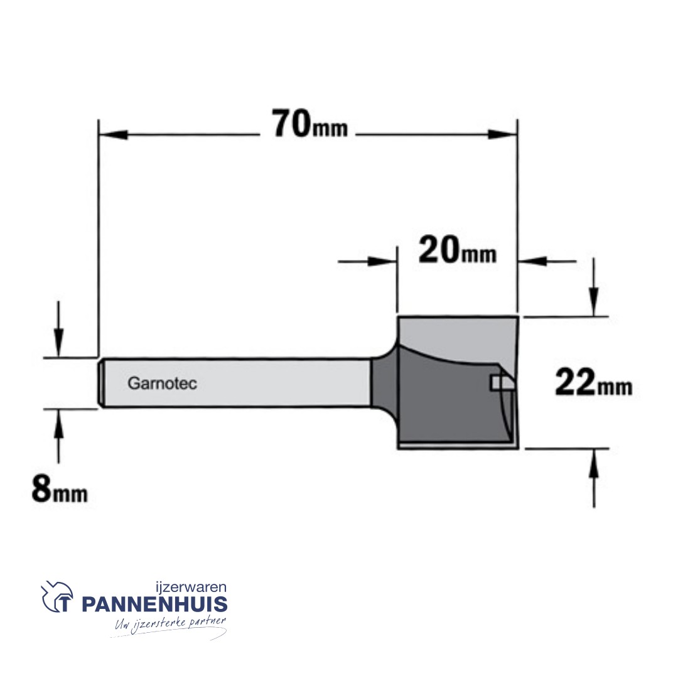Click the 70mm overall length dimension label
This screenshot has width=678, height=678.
[309, 124]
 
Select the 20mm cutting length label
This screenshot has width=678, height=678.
[457, 250]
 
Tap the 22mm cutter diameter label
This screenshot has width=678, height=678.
[593, 382]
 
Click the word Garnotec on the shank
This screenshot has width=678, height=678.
[162, 383]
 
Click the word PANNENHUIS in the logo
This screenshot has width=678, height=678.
[154, 604]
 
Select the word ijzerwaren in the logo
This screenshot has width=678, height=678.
[191, 587]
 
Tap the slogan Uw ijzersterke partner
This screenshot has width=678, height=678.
[170, 625]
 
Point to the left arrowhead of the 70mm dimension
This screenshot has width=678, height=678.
[113, 135]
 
